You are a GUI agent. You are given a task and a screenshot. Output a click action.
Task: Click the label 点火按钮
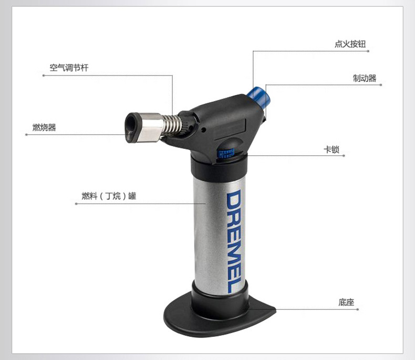tap(350, 44)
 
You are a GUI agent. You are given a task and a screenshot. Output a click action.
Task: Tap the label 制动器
tap(365, 78)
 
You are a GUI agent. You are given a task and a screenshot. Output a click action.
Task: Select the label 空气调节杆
tap(69, 68)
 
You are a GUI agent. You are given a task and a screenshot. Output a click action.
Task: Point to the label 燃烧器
tap(44, 128)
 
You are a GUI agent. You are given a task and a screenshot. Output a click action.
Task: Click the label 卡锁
tap(331, 150)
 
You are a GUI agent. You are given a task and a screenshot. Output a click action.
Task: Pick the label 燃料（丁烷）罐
tap(109, 196)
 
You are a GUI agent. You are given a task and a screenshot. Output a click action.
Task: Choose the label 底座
tap(346, 302)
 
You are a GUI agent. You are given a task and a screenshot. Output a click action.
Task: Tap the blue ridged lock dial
tap(226, 153)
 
